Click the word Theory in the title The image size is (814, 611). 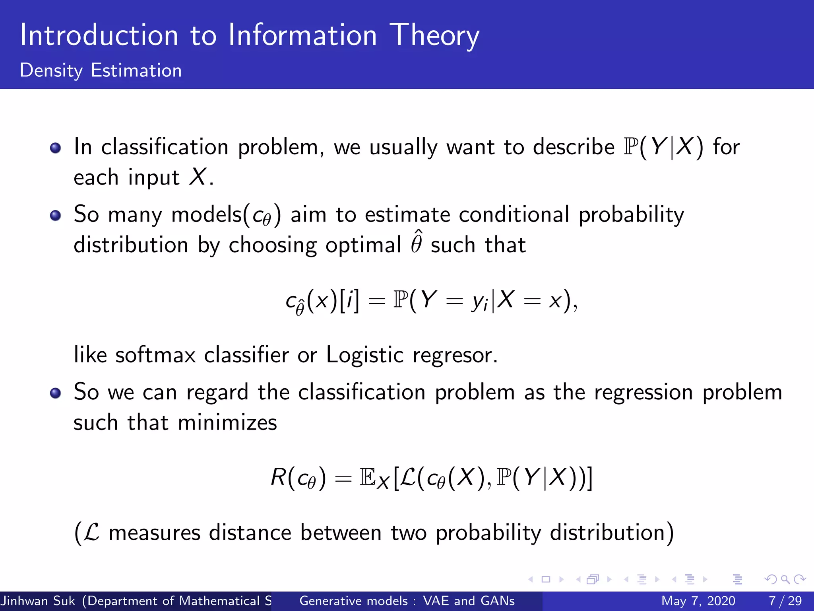[x=434, y=36]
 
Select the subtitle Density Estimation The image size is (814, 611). [x=101, y=70]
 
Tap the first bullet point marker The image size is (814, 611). [x=55, y=148]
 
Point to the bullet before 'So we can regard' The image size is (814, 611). [x=55, y=393]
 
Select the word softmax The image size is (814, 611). [x=155, y=354]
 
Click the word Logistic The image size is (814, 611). [x=364, y=354]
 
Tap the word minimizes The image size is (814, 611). [x=227, y=422]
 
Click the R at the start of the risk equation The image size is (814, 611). [x=278, y=477]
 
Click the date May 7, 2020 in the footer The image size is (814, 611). [x=698, y=601]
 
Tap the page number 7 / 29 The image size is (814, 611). [x=785, y=601]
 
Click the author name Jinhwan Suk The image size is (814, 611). [x=38, y=601]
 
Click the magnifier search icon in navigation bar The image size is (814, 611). [x=785, y=579]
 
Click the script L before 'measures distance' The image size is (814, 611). [x=92, y=532]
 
